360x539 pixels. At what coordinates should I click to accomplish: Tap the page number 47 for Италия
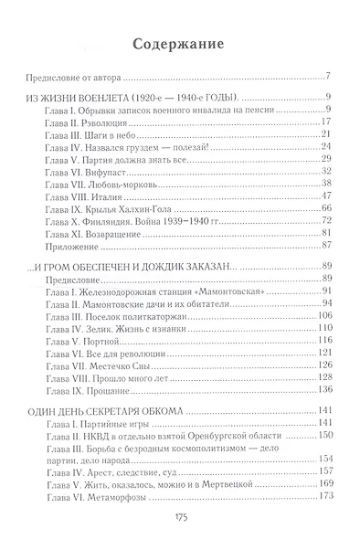pos(325,196)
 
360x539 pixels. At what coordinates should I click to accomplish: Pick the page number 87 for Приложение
pos(325,245)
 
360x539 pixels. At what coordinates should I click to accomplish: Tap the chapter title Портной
pos(105,340)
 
